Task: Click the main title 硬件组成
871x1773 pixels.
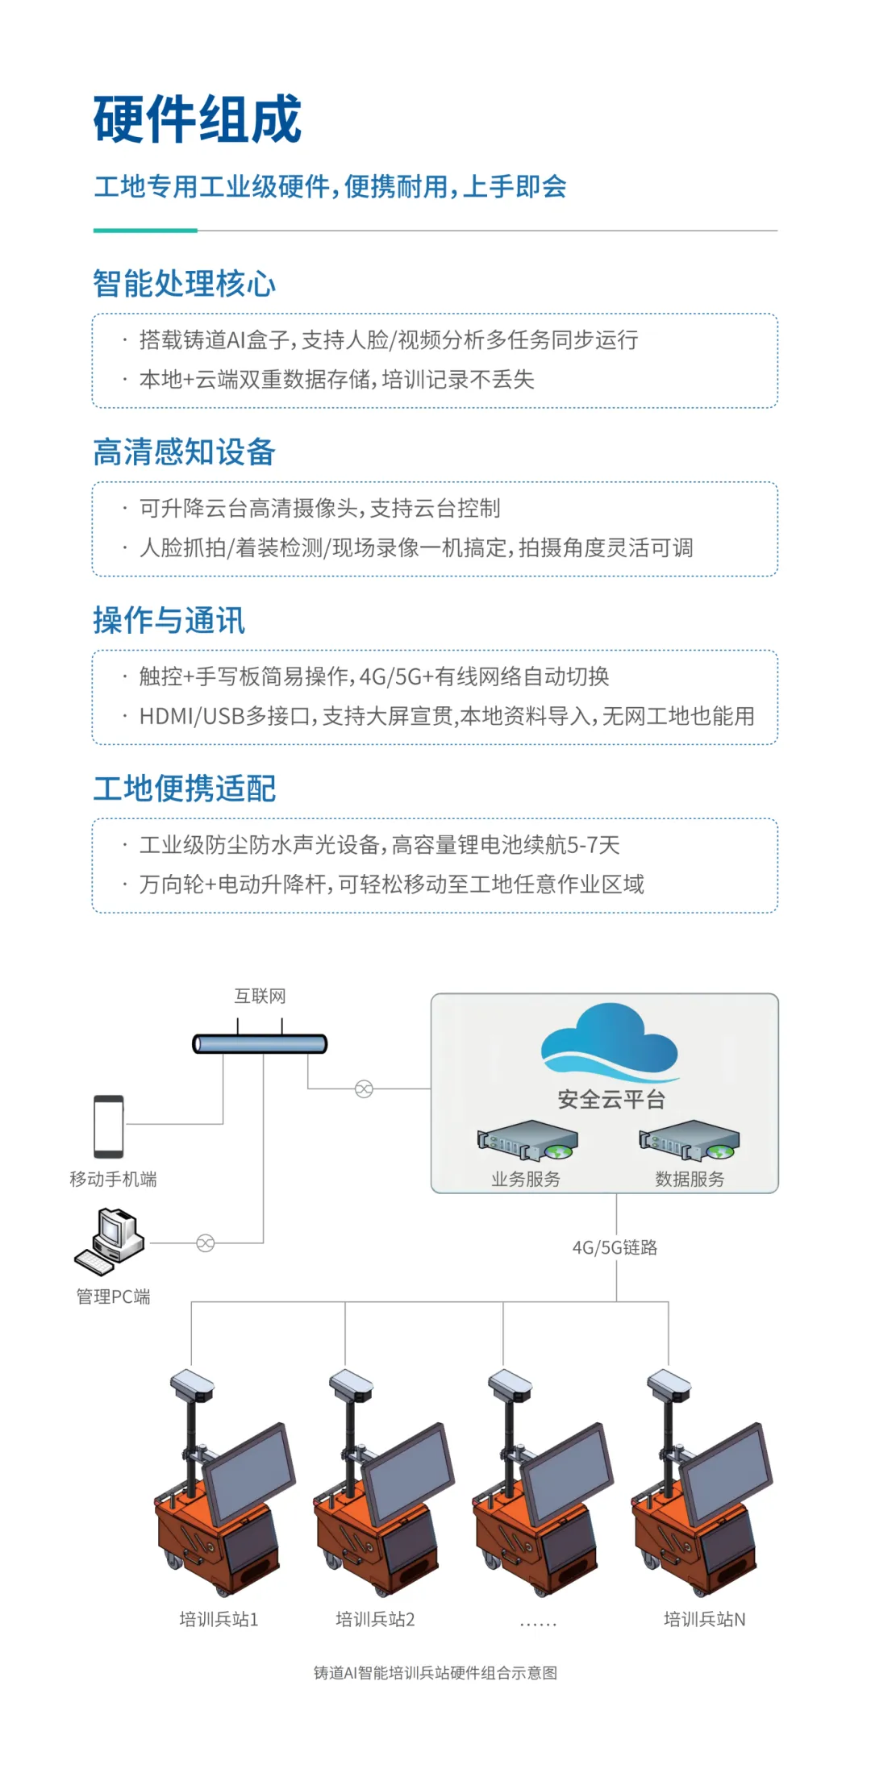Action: [198, 119]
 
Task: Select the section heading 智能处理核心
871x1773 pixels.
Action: [184, 284]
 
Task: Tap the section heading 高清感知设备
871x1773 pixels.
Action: [184, 452]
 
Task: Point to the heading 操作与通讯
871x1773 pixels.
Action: [169, 621]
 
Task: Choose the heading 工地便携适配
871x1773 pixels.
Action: [184, 789]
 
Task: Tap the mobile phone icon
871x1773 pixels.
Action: [109, 1126]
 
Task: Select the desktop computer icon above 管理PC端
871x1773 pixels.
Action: [110, 1242]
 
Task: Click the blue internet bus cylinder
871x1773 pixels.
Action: [260, 1044]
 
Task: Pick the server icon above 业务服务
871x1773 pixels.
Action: [527, 1140]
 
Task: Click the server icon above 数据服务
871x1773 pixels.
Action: [690, 1140]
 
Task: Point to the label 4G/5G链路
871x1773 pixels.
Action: [615, 1247]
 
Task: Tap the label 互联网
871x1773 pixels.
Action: [260, 997]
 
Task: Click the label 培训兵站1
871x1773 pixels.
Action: [219, 1619]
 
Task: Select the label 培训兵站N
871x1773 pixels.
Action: [704, 1619]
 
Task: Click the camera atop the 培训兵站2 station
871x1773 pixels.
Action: [352, 1385]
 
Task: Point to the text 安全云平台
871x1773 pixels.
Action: [611, 1099]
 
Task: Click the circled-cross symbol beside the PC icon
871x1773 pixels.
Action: [206, 1243]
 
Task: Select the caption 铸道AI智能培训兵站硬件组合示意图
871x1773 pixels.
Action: [435, 1673]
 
